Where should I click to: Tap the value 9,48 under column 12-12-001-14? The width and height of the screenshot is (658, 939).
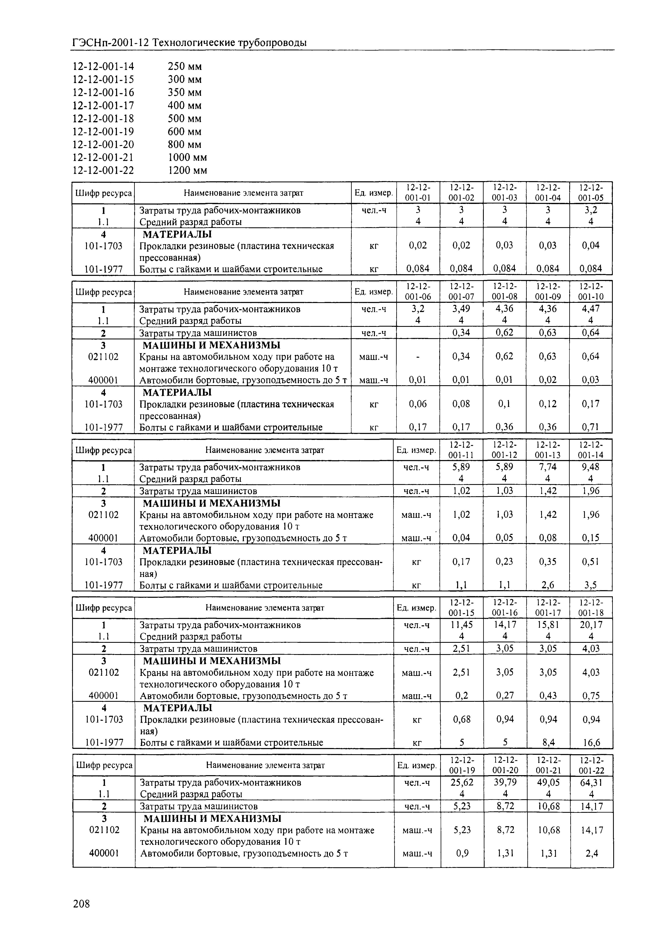[x=591, y=467]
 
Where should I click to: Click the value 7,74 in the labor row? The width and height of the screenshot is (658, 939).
[x=548, y=467]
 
